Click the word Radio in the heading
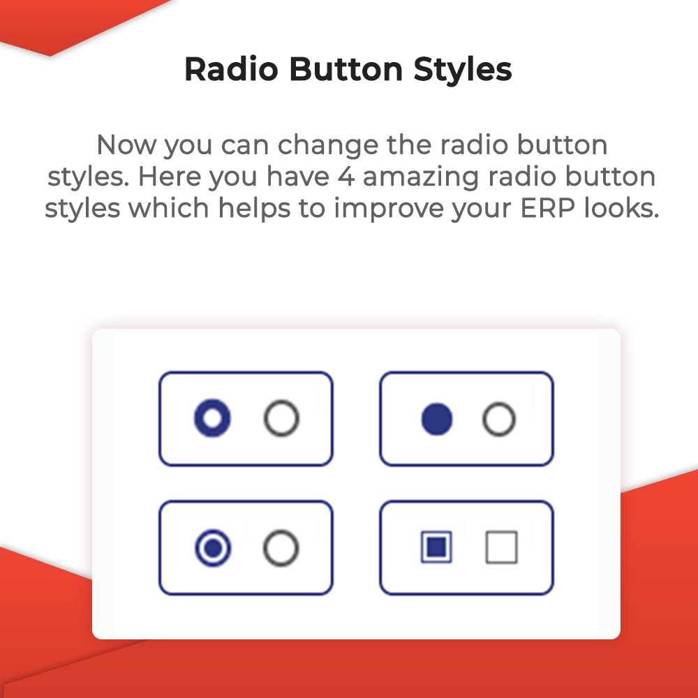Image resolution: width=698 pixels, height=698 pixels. pyautogui.click(x=232, y=69)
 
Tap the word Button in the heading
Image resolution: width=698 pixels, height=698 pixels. pyautogui.click(x=346, y=69)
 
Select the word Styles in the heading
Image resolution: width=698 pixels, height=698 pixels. pyautogui.click(x=463, y=70)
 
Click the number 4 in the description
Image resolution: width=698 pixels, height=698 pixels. pyautogui.click(x=346, y=177)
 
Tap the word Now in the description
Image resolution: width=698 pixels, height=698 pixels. pyautogui.click(x=126, y=145)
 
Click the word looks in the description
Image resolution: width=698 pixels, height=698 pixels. pyautogui.click(x=621, y=207)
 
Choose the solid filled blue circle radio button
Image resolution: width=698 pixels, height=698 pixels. pyautogui.click(x=437, y=419)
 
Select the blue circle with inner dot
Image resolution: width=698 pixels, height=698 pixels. pyautogui.click(x=213, y=548)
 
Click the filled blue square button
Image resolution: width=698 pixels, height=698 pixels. pyautogui.click(x=437, y=547)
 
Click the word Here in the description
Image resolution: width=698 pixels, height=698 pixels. pyautogui.click(x=169, y=177)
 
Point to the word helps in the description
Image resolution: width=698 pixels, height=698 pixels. pyautogui.click(x=254, y=208)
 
